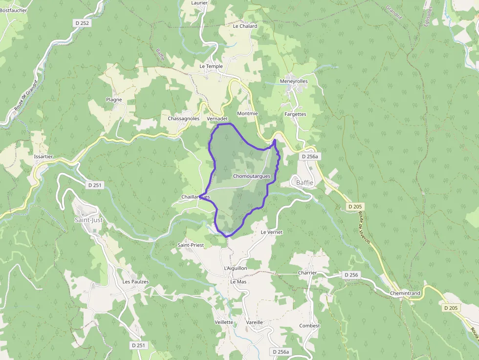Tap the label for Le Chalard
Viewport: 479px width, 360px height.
click(245, 26)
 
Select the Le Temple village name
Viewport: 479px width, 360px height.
click(211, 66)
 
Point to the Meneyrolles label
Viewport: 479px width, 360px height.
click(294, 81)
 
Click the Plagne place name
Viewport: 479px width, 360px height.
click(114, 100)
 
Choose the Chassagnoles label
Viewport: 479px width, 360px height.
click(183, 119)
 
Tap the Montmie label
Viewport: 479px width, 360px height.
click(247, 113)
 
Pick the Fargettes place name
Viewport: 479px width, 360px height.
click(295, 114)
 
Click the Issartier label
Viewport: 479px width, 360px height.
click(44, 157)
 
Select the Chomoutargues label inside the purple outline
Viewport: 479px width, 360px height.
click(252, 176)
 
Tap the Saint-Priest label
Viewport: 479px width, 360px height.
click(191, 245)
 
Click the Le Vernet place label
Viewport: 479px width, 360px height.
click(272, 232)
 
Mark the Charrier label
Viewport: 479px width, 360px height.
click(307, 273)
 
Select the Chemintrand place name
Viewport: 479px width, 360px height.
click(405, 294)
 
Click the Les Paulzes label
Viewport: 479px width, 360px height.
click(136, 282)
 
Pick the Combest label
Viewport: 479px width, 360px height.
click(310, 326)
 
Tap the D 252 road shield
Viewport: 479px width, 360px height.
click(83, 23)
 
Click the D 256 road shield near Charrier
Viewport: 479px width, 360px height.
click(351, 275)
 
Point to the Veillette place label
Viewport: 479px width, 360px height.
click(224, 322)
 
